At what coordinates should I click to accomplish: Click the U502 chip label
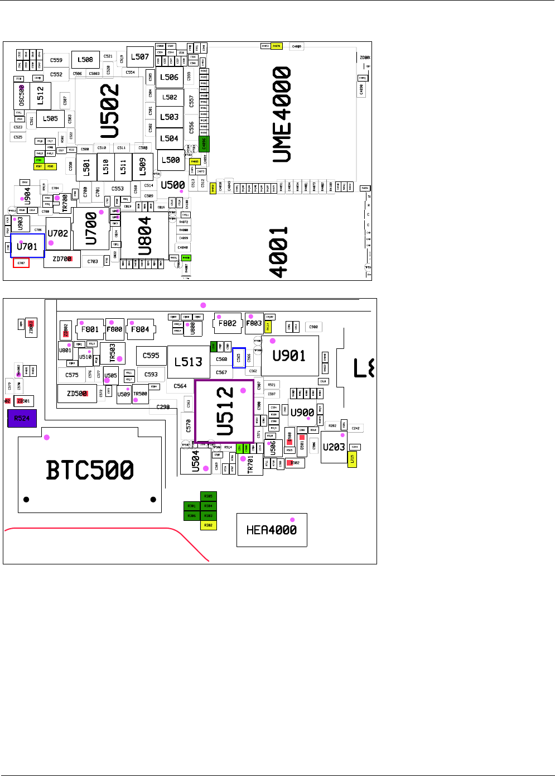110,111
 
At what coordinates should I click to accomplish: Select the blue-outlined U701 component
27,246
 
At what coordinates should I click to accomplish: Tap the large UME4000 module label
282,114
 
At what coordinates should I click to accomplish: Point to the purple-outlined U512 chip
224,411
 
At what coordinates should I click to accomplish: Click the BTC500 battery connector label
90,470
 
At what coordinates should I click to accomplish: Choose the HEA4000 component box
272,530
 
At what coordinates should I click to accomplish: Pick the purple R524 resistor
22,418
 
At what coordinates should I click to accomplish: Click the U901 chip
289,356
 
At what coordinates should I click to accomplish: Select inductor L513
188,362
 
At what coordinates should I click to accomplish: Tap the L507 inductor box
140,57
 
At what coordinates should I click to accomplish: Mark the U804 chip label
144,236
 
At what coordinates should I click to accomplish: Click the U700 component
91,229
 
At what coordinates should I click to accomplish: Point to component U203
334,447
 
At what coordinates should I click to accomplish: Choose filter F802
228,323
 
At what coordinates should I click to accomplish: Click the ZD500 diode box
77,393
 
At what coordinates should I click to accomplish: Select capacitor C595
151,355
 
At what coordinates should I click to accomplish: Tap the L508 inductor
85,60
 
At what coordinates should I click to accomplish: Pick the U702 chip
57,233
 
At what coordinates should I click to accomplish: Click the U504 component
196,462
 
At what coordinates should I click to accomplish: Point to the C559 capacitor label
56,60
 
